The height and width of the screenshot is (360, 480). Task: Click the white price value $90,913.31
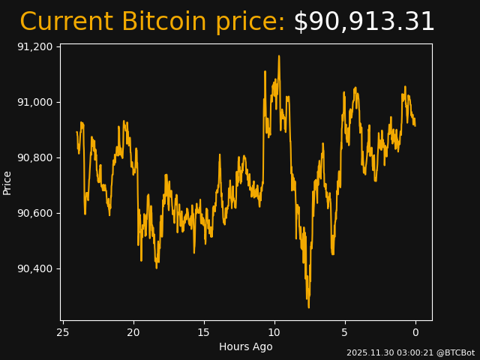(364, 22)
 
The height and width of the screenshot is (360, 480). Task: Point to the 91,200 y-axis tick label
(34, 46)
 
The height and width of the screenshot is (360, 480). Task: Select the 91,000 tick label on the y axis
(34, 102)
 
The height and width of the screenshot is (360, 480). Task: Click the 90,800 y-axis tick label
(34, 157)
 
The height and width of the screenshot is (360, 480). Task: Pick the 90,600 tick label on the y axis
(34, 213)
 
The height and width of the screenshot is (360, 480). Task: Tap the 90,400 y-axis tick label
(34, 268)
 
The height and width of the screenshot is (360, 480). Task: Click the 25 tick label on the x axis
(63, 332)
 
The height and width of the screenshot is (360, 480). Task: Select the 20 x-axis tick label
(133, 332)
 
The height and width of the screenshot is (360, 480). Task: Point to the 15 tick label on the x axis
(204, 332)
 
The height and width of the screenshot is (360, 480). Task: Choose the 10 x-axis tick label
(274, 332)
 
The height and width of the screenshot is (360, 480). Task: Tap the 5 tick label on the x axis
(345, 332)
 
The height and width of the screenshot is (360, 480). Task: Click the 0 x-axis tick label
(415, 332)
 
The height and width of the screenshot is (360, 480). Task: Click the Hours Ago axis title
(246, 346)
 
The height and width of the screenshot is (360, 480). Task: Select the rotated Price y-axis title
(7, 182)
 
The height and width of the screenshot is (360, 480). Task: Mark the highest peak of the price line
(279, 55)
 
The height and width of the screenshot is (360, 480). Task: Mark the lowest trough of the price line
(308, 307)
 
